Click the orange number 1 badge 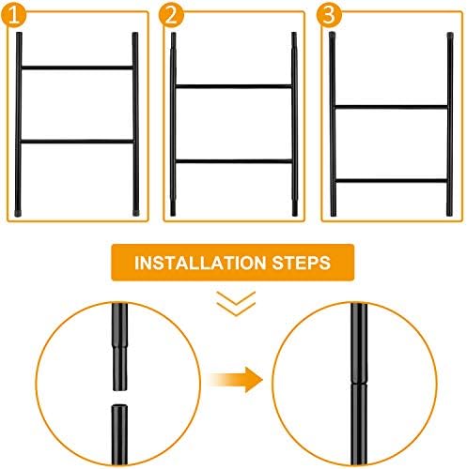(13, 15)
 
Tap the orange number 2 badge (171, 15)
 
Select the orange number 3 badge (329, 15)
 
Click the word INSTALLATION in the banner (200, 263)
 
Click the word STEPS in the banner (302, 263)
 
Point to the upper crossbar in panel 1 (77, 68)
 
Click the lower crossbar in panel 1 (77, 142)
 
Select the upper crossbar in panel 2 (234, 86)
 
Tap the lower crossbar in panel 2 (234, 161)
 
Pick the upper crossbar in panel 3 (392, 107)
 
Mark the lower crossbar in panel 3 (392, 181)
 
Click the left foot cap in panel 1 (18, 213)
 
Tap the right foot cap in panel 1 (136, 213)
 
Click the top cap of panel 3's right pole (450, 35)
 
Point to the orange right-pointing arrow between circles (236, 380)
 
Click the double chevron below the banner (236, 304)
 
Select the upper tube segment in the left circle (120, 346)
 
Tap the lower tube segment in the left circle (119, 434)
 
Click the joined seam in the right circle (359, 384)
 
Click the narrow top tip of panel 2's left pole (173, 40)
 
